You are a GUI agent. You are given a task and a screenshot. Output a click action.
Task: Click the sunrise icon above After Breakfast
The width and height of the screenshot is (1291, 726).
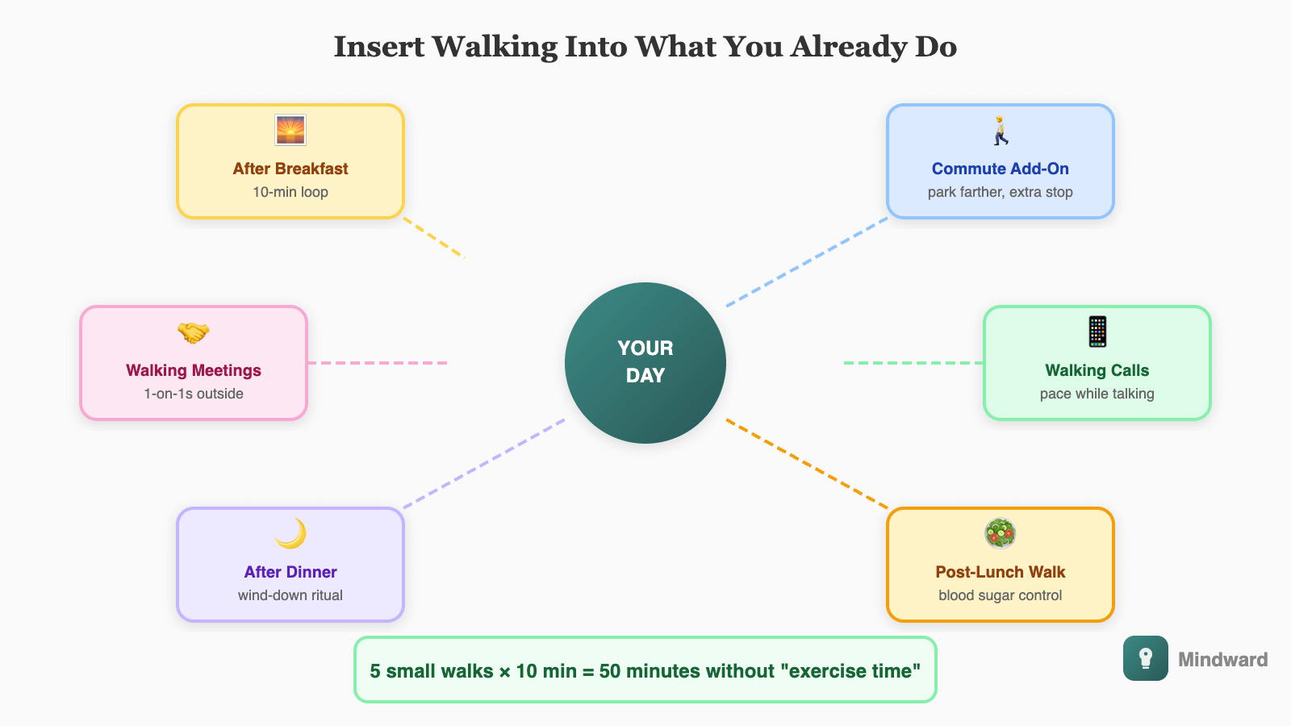pyautogui.click(x=290, y=130)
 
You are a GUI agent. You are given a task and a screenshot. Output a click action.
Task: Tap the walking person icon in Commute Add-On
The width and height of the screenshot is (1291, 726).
pyautogui.click(x=1001, y=130)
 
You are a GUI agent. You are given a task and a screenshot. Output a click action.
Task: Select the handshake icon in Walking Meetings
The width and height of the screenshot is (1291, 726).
pyautogui.click(x=194, y=332)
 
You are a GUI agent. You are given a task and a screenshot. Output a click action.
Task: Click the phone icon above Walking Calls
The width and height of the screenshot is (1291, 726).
pyautogui.click(x=1097, y=332)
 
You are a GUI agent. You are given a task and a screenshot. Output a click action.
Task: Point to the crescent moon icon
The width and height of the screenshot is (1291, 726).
pyautogui.click(x=291, y=533)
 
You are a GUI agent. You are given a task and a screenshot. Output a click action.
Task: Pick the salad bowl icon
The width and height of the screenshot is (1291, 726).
pyautogui.click(x=1000, y=533)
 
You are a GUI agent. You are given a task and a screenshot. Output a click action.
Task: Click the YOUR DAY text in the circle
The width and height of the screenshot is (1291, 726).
pyautogui.click(x=645, y=362)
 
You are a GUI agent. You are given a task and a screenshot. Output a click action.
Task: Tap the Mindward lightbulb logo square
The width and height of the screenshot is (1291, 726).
pyautogui.click(x=1145, y=658)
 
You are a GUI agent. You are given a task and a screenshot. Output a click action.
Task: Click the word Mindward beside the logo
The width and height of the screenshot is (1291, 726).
pyautogui.click(x=1223, y=659)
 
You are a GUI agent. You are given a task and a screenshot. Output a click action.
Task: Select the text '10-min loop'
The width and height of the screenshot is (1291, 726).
pyautogui.click(x=290, y=192)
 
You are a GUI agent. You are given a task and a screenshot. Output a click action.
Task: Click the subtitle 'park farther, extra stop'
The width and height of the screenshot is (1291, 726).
pyautogui.click(x=1000, y=192)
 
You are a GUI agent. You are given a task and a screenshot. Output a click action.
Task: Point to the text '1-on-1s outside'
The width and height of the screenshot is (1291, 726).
pyautogui.click(x=194, y=394)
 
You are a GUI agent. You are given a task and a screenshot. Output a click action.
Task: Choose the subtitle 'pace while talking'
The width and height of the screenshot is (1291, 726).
pyautogui.click(x=1097, y=394)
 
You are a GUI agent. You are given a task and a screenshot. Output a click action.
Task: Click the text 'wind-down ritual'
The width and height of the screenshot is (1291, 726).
pyautogui.click(x=290, y=595)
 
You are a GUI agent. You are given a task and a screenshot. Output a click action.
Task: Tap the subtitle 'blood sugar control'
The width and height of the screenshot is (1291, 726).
pyautogui.click(x=1000, y=595)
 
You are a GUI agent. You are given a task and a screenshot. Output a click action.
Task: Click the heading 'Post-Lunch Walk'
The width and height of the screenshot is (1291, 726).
pyautogui.click(x=1000, y=572)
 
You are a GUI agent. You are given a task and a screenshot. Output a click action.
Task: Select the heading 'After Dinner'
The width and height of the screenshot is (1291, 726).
pyautogui.click(x=290, y=572)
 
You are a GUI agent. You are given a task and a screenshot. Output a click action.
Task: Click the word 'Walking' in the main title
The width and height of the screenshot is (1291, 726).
pyautogui.click(x=495, y=48)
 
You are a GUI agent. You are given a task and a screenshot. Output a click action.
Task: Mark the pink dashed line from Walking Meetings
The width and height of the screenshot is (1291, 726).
pyautogui.click(x=378, y=363)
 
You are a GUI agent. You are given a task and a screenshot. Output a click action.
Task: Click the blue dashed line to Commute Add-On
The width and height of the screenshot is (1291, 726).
pyautogui.click(x=807, y=262)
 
